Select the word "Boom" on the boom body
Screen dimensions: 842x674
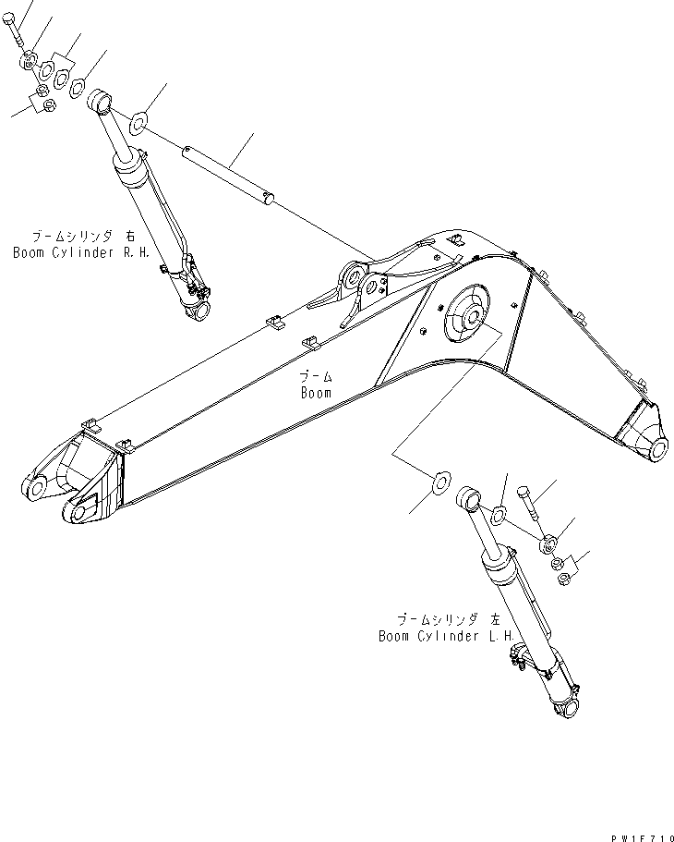(x=315, y=392)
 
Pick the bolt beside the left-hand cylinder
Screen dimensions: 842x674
(x=528, y=503)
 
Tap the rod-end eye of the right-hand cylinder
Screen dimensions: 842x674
(x=101, y=98)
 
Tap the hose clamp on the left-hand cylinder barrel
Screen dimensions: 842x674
(x=517, y=656)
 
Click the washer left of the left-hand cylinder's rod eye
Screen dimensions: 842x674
(x=440, y=480)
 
